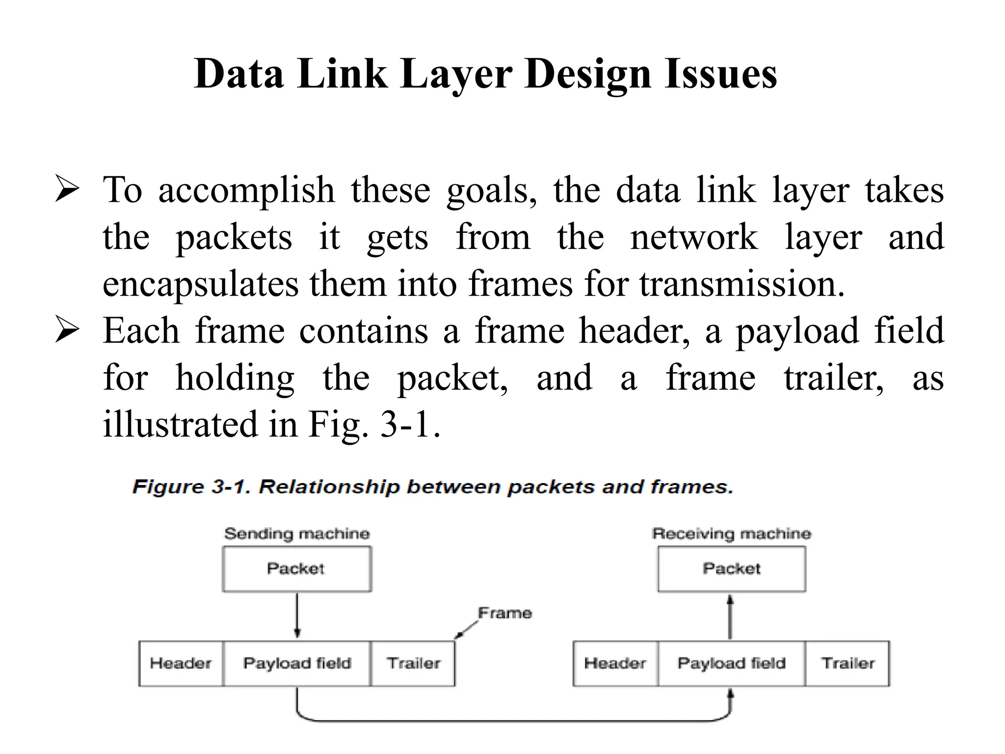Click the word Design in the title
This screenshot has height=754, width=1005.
pos(587,75)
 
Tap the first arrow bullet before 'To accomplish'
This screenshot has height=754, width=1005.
pos(67,189)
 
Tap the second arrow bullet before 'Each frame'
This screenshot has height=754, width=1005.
pos(67,330)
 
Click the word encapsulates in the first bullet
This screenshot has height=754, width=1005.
pos(199,285)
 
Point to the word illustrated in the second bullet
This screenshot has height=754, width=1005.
pos(180,424)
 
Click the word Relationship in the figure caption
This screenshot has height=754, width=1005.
pos(329,487)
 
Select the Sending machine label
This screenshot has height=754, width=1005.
pos(297,534)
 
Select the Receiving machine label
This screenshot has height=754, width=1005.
pos(731,534)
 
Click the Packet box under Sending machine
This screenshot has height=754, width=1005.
pos(296,568)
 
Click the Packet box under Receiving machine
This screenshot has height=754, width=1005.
pos(731,568)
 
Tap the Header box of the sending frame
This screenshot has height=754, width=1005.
pos(181,664)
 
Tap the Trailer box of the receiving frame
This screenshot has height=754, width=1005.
pos(847,664)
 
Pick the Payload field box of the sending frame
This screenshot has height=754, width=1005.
pos(297,664)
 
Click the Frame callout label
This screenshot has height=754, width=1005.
pos(505,613)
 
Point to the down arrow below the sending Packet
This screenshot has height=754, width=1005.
pos(297,616)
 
